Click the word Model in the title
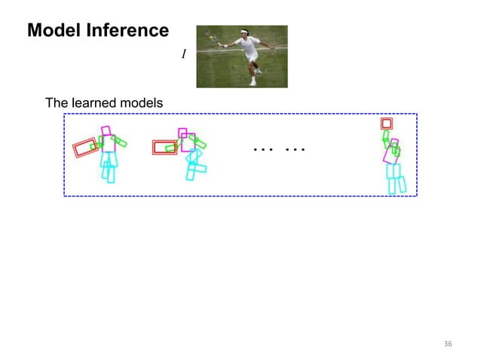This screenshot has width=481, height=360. (54, 31)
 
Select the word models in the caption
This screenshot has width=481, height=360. (143, 102)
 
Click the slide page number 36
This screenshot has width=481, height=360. (448, 344)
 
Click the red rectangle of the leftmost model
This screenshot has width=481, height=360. (85, 147)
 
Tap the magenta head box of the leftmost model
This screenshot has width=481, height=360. (106, 131)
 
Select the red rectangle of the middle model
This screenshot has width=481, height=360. (164, 147)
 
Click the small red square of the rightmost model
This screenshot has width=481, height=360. (387, 124)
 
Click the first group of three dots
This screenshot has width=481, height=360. (262, 149)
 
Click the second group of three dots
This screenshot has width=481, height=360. (295, 149)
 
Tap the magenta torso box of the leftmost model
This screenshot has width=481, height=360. (109, 144)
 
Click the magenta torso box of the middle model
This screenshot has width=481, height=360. (188, 142)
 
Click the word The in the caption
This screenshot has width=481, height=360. (57, 102)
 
